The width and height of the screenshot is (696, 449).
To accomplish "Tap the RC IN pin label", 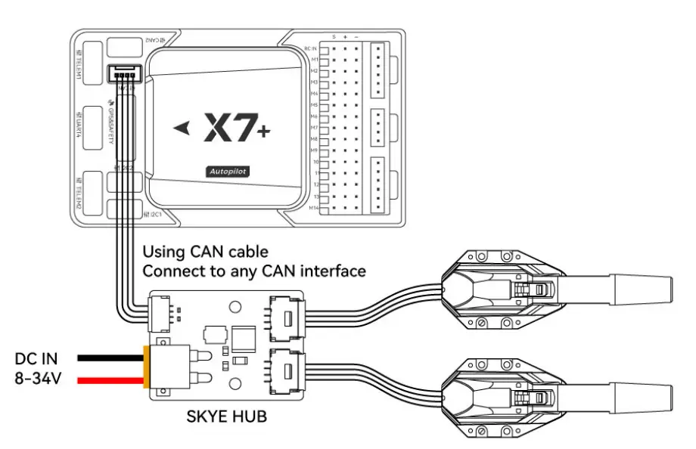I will [310, 48].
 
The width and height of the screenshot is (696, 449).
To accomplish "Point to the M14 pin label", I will [312, 206].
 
